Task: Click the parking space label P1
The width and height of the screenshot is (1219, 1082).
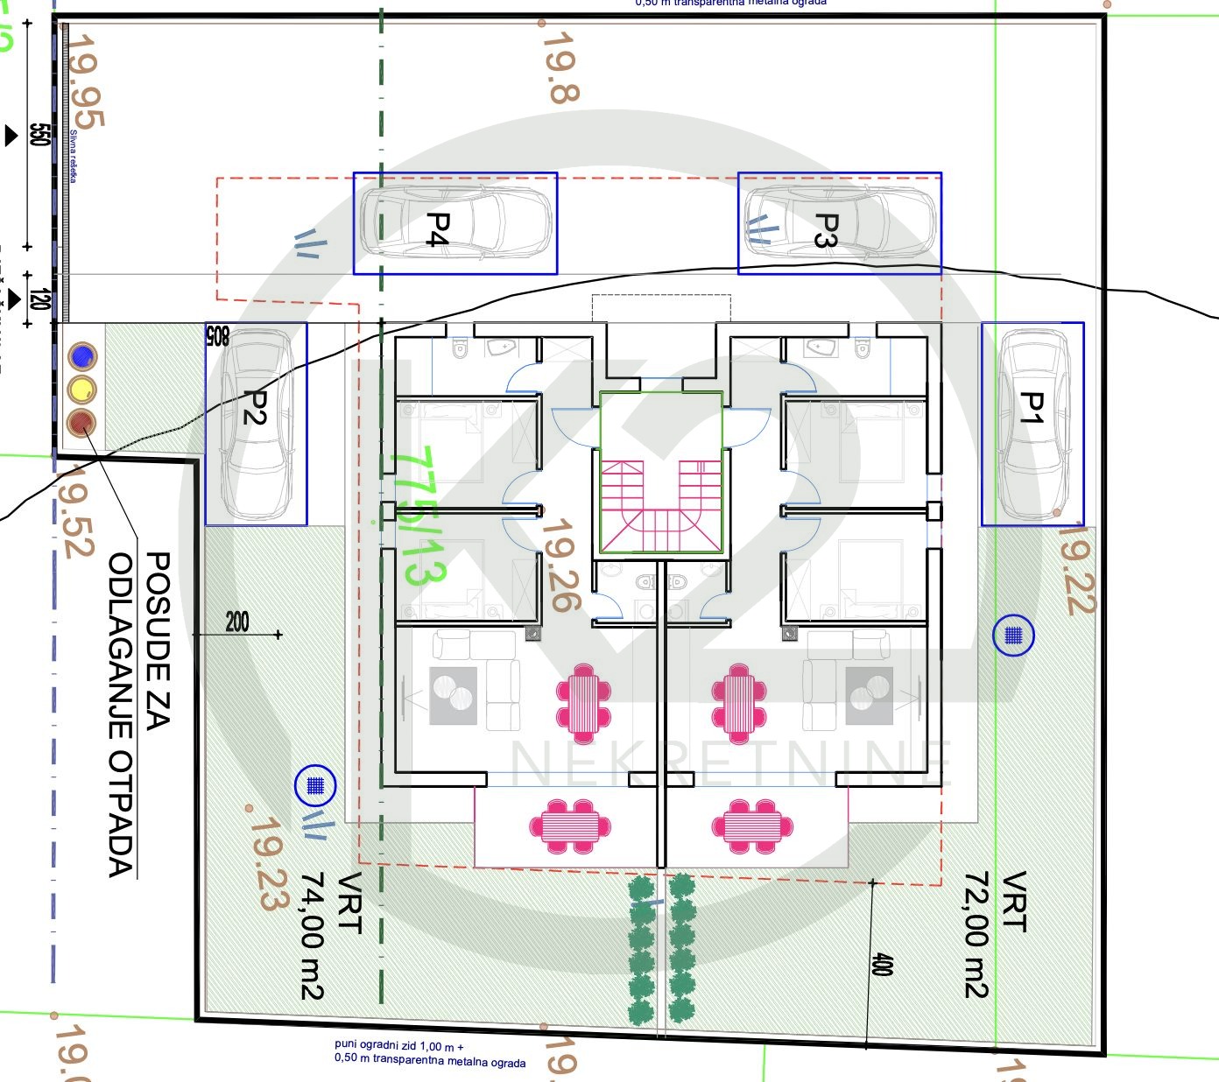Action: [1032, 408]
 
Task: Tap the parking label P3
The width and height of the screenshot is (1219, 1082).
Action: [827, 230]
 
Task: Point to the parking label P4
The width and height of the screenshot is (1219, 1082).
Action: [437, 229]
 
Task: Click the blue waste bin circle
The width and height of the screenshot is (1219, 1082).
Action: [82, 356]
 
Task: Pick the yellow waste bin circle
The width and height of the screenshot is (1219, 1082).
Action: [82, 390]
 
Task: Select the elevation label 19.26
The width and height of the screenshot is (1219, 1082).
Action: [560, 566]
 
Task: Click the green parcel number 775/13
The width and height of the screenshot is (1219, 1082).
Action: [419, 516]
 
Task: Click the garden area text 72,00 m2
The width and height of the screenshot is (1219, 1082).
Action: [976, 934]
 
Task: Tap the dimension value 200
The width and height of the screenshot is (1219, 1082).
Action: [237, 622]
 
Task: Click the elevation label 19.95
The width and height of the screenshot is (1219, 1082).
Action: [86, 81]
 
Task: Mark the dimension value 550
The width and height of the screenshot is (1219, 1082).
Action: [39, 134]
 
